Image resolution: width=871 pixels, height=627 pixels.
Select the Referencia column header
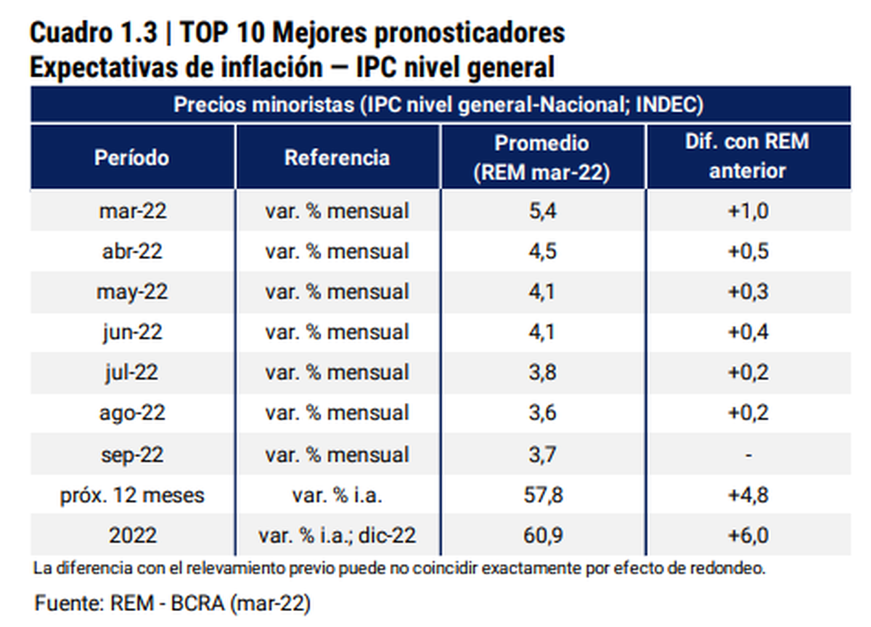click(337, 157)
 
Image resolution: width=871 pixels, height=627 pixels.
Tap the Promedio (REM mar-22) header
click(541, 157)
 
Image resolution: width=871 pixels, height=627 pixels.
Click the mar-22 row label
click(132, 211)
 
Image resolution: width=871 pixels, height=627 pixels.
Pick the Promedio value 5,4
click(541, 211)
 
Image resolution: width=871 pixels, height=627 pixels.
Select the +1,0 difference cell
click(748, 211)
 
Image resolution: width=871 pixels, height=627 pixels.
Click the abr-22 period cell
click(132, 251)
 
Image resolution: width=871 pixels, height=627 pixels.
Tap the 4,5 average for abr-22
click(541, 251)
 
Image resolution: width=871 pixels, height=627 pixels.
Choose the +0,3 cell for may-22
click(748, 292)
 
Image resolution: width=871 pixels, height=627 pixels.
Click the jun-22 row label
click(132, 332)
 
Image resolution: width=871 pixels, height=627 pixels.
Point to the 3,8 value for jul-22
click(541, 373)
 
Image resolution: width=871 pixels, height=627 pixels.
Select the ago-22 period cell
click(132, 414)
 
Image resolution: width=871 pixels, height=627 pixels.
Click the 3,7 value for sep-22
click(541, 455)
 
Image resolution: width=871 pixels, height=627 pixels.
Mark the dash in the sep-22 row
click(748, 455)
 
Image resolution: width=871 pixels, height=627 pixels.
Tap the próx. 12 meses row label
click(132, 496)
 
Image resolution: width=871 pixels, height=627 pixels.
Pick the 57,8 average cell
click(541, 496)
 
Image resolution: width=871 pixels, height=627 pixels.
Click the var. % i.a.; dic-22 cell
click(337, 536)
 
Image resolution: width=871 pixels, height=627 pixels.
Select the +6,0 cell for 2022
click(748, 536)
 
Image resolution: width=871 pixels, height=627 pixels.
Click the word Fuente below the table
click(68, 603)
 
